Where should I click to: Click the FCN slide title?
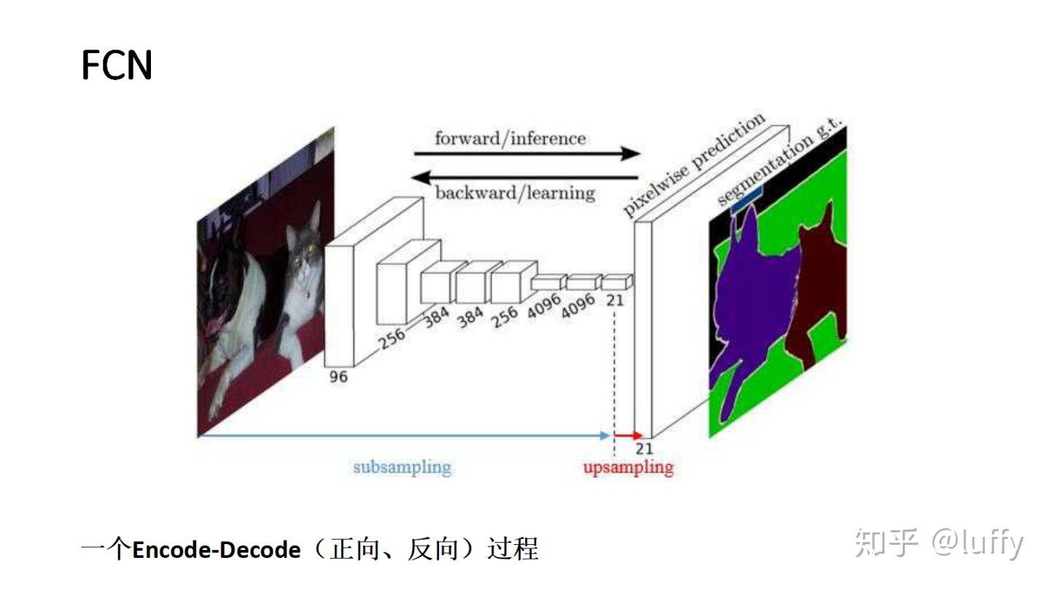tap(117, 66)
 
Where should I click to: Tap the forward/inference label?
tap(510, 138)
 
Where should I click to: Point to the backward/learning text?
tap(515, 193)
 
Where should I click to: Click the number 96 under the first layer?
tap(338, 377)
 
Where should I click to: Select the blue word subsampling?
tap(402, 467)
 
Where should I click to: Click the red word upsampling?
tap(628, 467)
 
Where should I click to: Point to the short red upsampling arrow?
tap(629, 436)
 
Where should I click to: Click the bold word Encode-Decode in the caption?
tap(216, 549)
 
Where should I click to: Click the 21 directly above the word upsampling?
tap(644, 448)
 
